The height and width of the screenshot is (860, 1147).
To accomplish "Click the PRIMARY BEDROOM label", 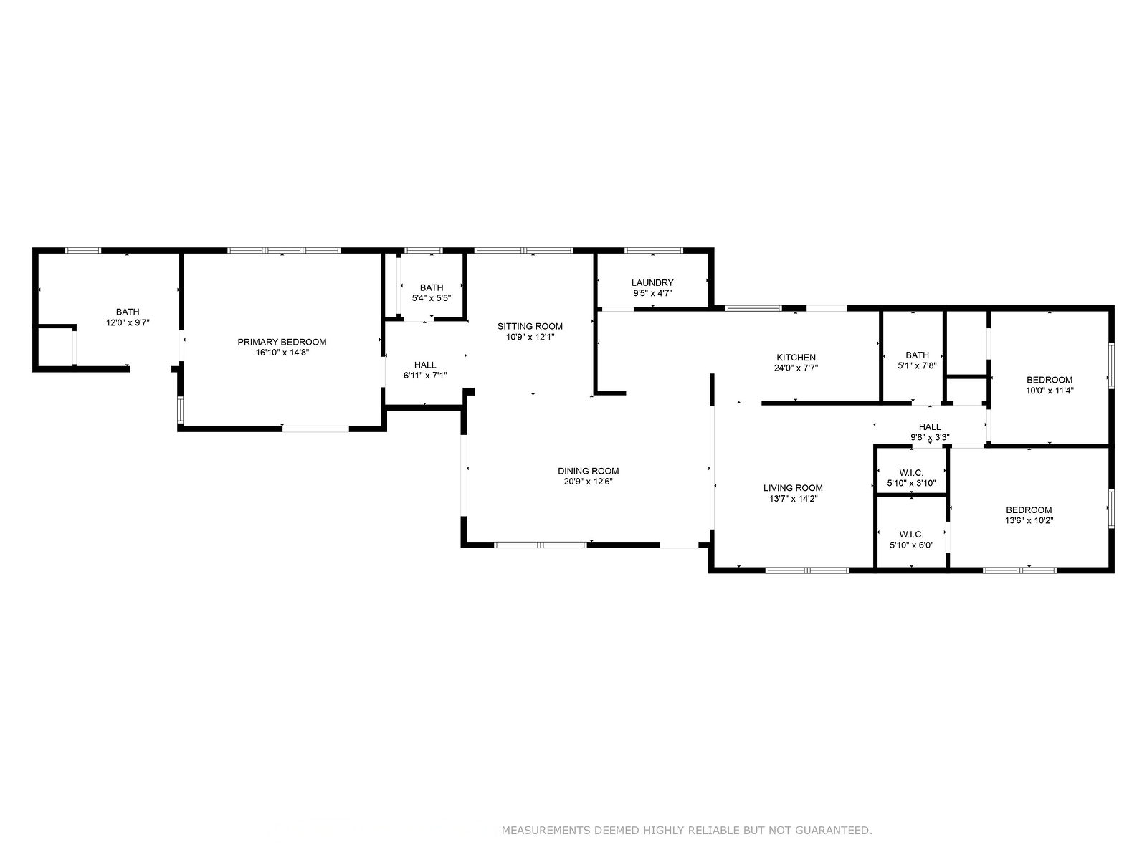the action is [282, 342].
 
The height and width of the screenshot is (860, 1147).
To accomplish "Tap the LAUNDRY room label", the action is [652, 283].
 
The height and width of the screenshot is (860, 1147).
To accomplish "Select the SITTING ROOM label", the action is [530, 326].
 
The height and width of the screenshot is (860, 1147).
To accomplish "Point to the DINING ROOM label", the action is [588, 471].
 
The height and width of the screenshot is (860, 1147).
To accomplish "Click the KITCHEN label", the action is [796, 358].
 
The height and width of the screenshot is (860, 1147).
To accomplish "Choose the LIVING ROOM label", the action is [793, 488].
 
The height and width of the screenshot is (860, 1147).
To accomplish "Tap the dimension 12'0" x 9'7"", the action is [128, 322].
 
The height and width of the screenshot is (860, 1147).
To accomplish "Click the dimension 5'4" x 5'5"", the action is [431, 298].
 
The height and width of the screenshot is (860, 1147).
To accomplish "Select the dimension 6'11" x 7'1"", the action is [425, 376].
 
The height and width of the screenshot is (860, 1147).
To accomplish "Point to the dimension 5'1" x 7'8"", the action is [917, 366].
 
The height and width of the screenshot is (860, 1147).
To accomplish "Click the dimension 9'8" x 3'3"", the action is [930, 438].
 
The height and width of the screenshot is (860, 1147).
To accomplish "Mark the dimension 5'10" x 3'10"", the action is [911, 484].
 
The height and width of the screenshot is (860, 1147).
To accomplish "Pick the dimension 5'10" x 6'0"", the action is [911, 545].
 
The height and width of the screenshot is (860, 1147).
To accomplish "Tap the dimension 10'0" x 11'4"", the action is [1050, 391].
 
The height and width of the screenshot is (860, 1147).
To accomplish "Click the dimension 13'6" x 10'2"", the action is [1029, 520].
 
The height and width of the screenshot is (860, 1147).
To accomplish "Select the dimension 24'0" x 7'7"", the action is [796, 368].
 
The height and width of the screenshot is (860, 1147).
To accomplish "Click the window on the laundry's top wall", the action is [654, 251].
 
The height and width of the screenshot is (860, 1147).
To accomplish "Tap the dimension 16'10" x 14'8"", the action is [282, 353].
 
